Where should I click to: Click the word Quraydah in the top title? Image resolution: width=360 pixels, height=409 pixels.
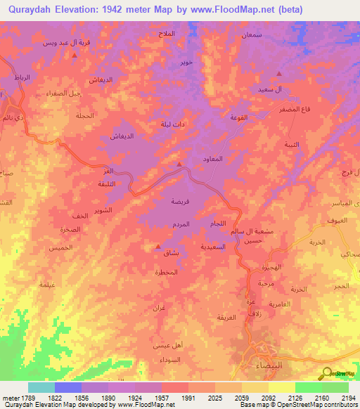(x=33, y=11)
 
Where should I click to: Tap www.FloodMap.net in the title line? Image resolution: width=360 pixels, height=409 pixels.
(x=249, y=11)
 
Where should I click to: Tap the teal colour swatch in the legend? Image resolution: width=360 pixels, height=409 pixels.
(x=41, y=387)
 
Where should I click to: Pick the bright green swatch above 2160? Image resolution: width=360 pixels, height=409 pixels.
(x=308, y=387)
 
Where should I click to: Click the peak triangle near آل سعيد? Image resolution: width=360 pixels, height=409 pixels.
(x=280, y=74)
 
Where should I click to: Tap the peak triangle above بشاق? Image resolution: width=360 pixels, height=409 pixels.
(x=157, y=247)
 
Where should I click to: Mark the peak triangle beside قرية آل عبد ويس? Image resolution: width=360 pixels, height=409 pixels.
(x=75, y=74)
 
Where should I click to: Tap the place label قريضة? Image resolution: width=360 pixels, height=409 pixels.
(x=181, y=200)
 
